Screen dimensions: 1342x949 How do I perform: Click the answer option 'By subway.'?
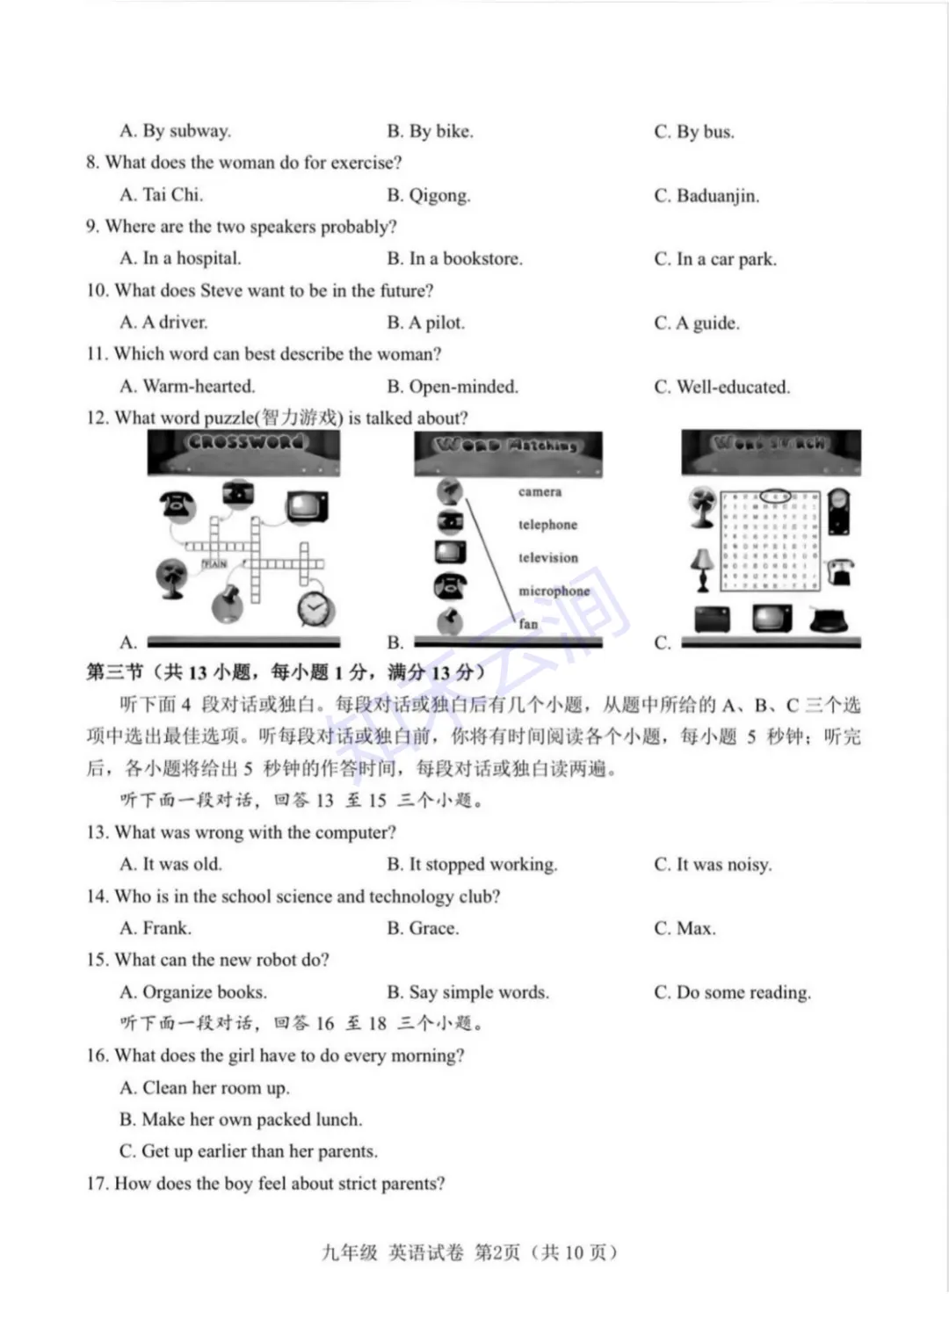click(x=186, y=131)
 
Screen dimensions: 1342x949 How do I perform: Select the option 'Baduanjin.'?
click(x=717, y=195)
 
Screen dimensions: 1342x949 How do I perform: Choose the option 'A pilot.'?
click(x=436, y=323)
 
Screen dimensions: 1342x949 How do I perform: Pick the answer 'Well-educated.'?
click(x=732, y=387)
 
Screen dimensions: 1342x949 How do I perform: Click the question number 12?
click(x=98, y=417)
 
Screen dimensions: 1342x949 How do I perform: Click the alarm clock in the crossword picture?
click(x=315, y=607)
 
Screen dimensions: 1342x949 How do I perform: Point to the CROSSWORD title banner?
click(x=244, y=443)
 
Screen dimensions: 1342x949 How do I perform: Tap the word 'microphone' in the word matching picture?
click(x=554, y=591)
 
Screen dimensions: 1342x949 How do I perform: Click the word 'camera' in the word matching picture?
click(x=540, y=492)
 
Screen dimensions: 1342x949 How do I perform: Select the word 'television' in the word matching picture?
click(x=548, y=557)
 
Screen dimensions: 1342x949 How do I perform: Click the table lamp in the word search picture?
click(x=701, y=569)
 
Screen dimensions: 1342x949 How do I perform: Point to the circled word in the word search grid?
click(x=775, y=496)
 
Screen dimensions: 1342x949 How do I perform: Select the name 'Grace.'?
click(x=434, y=928)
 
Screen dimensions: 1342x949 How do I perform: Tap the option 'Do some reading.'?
click(x=743, y=992)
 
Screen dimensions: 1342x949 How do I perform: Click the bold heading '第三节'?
click(x=114, y=672)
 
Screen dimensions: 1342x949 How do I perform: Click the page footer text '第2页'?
click(x=497, y=1252)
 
